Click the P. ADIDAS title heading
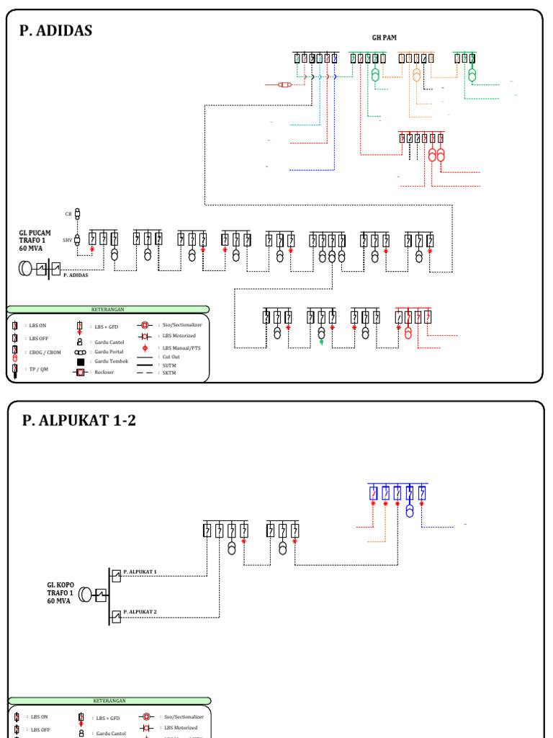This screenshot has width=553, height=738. pos(57,30)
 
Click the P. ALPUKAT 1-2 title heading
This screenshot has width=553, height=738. pos(78,421)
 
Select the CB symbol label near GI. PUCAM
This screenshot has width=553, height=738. pos(68,214)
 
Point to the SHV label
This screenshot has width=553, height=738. pos(67,240)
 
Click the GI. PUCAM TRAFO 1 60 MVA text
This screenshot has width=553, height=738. pos(35,241)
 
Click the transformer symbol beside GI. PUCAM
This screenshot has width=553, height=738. pos(27,269)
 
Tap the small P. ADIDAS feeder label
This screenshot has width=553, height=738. pos(76,275)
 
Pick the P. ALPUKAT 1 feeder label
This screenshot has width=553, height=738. pos(140,571)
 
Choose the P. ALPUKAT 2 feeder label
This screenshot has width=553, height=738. pos(140,611)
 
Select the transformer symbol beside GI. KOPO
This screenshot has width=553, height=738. pos(86,595)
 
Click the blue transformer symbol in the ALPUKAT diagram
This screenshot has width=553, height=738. pos(410,511)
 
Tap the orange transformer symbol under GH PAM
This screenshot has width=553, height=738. pos(416,74)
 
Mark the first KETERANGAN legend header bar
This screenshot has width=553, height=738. pos(108,309)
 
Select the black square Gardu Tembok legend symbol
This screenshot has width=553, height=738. pos(81,362)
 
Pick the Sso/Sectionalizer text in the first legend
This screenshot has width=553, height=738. pos(182,325)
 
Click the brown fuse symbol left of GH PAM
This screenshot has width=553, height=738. pos(285,85)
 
